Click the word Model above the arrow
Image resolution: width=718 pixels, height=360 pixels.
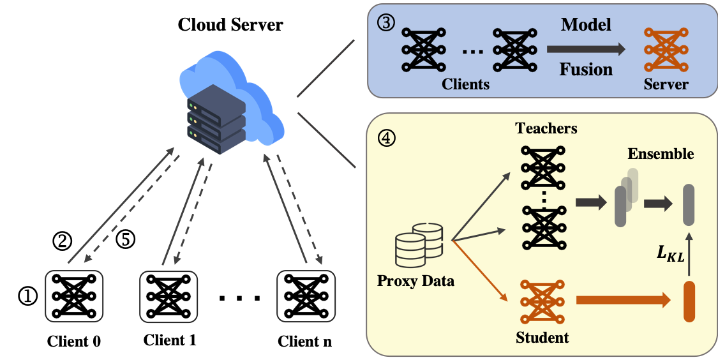pyautogui.click(x=586, y=25)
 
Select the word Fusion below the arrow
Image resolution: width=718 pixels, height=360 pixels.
pyautogui.click(x=586, y=69)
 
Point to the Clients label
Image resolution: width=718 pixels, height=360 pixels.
pyautogui.click(x=466, y=84)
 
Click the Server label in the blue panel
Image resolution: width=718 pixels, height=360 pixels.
pyautogui.click(x=666, y=84)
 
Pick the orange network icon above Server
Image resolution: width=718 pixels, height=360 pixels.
pyautogui.click(x=666, y=50)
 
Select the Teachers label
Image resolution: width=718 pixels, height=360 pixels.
pyautogui.click(x=546, y=128)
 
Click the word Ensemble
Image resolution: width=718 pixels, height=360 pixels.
pyautogui.click(x=661, y=154)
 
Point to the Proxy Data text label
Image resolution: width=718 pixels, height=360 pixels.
pyautogui.click(x=416, y=281)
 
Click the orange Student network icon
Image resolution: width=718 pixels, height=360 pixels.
pyautogui.click(x=542, y=302)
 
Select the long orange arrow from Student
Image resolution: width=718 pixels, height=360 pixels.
pyautogui.click(x=623, y=300)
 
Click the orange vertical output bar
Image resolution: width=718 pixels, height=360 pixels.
pyautogui.click(x=689, y=301)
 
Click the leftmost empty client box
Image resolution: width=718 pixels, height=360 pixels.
pyautogui.click(x=74, y=296)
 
